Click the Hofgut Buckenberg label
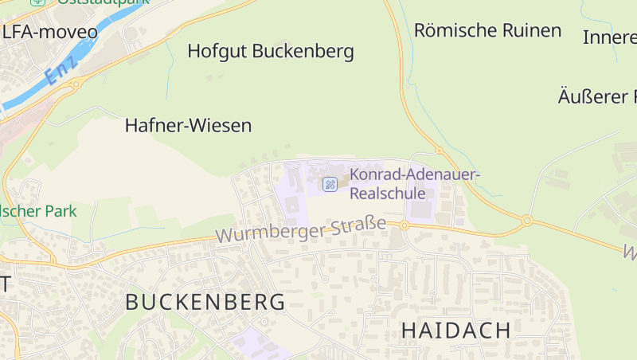coord(271,52)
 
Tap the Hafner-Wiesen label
coord(188,125)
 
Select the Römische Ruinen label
coord(487,30)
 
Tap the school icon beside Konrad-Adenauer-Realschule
coord(329,184)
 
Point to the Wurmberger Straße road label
coord(300,229)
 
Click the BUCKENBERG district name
coord(205,302)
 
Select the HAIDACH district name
coord(455,330)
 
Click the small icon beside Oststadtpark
coord(37,2)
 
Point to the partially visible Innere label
coord(609,37)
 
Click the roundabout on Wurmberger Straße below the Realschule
coord(404,225)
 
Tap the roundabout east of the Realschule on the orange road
coord(526,220)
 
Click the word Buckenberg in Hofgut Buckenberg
coord(303,52)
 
